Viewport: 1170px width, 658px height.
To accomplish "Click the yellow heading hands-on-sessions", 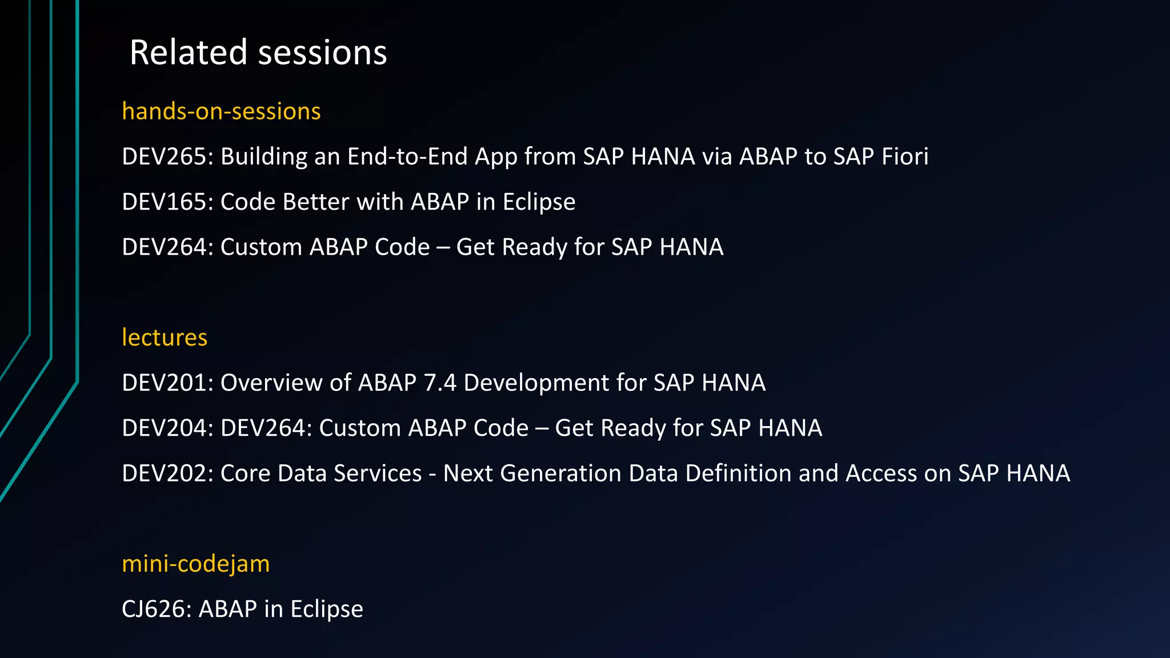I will click(x=221, y=111).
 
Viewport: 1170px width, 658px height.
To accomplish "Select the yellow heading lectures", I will click(x=165, y=338).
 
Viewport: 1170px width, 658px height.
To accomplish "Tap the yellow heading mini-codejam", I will click(x=195, y=564).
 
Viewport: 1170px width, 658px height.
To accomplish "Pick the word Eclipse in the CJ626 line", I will click(x=326, y=609).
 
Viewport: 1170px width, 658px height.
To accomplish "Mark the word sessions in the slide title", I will click(x=323, y=53).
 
